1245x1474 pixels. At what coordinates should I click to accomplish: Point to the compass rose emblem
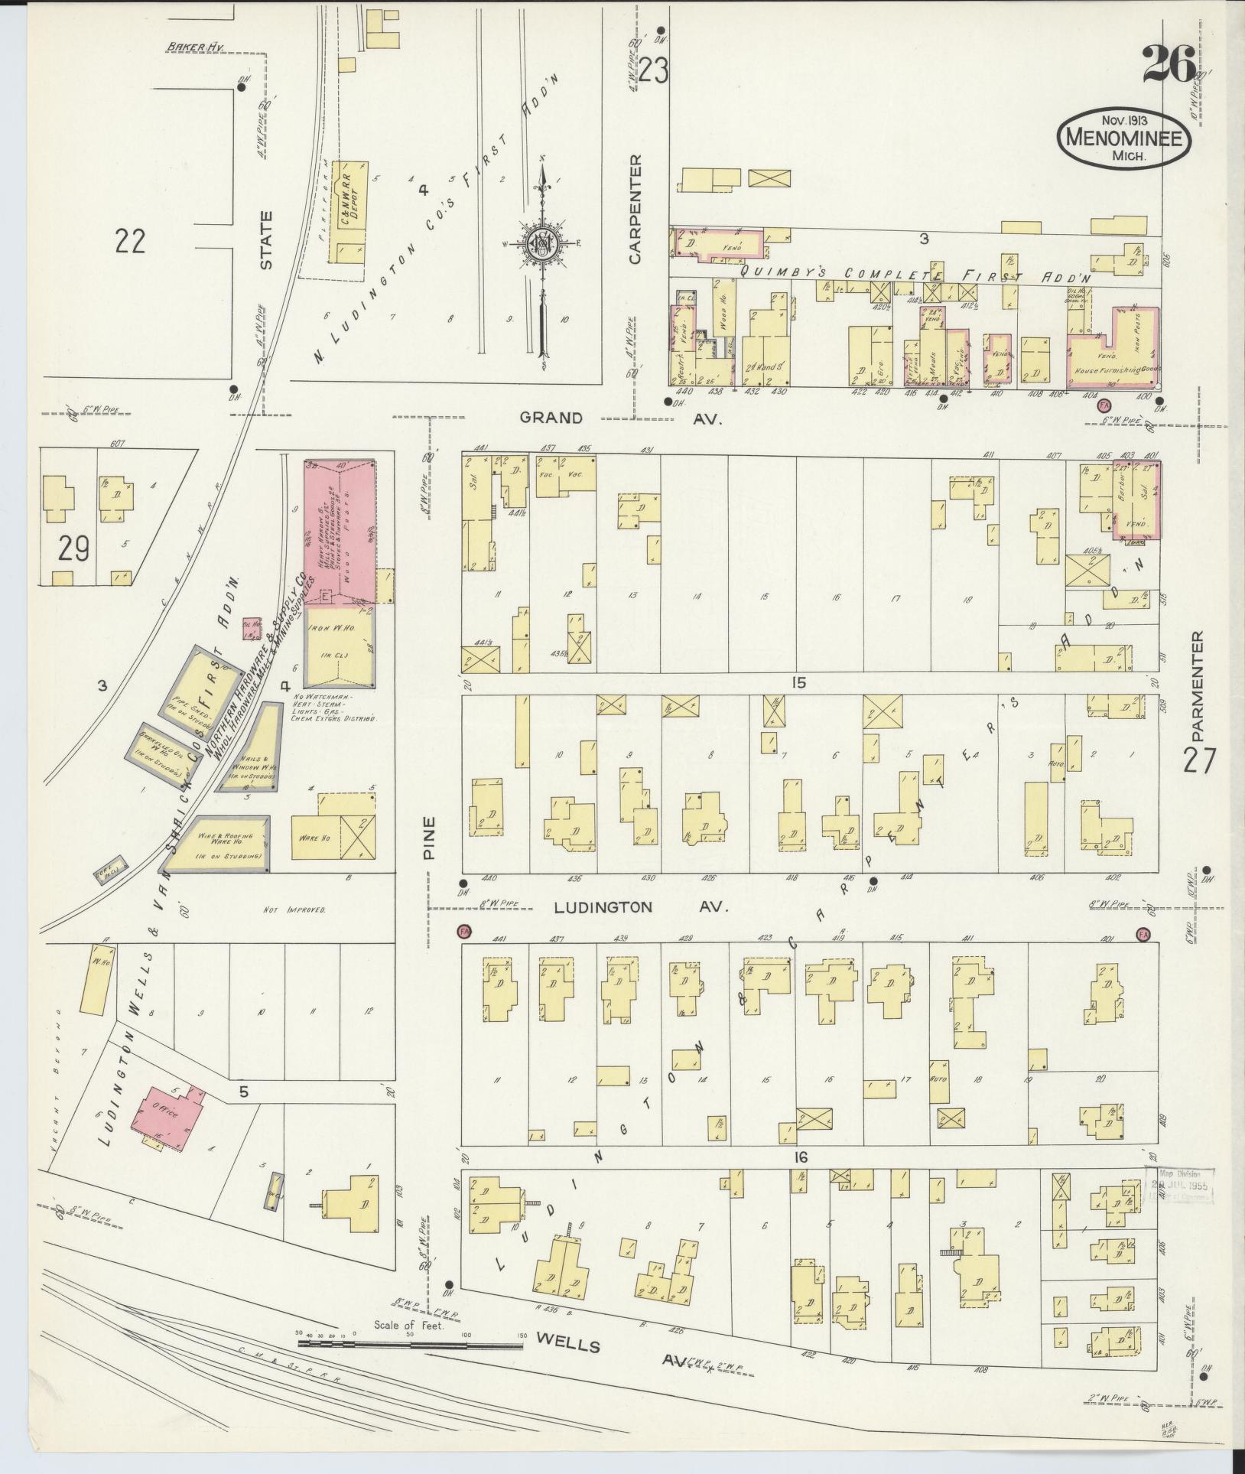541,245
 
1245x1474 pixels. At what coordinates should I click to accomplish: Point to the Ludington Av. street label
604,907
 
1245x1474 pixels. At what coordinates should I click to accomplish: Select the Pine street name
430,838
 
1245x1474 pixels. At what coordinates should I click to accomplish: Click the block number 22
131,242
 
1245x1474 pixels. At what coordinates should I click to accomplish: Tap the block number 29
74,548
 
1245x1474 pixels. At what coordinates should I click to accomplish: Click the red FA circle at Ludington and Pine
463,931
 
